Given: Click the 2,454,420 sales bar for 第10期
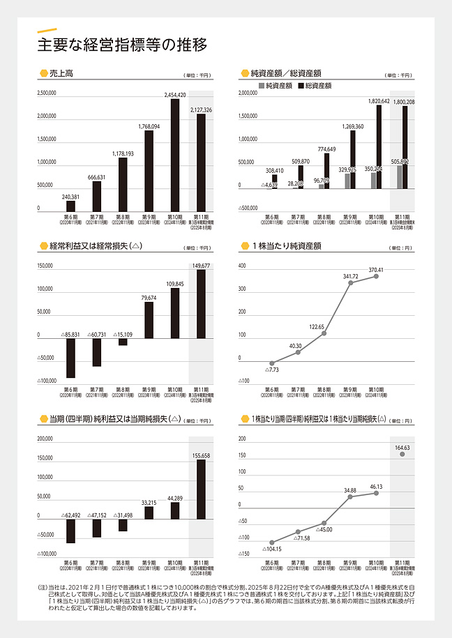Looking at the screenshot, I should (175, 154).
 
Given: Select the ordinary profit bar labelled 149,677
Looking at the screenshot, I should (202, 303).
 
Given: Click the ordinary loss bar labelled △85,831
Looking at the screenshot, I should (70, 356).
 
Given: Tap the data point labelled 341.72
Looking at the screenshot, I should (350, 283).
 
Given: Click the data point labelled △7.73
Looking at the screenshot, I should (272, 363).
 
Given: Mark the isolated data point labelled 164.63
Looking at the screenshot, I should (402, 454).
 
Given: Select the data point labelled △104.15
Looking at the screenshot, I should (272, 542).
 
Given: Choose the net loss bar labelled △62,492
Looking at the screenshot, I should (70, 531).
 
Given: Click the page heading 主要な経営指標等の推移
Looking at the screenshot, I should (122, 46).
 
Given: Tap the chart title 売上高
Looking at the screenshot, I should (61, 73).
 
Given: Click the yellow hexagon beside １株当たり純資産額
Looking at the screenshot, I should (244, 245).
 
